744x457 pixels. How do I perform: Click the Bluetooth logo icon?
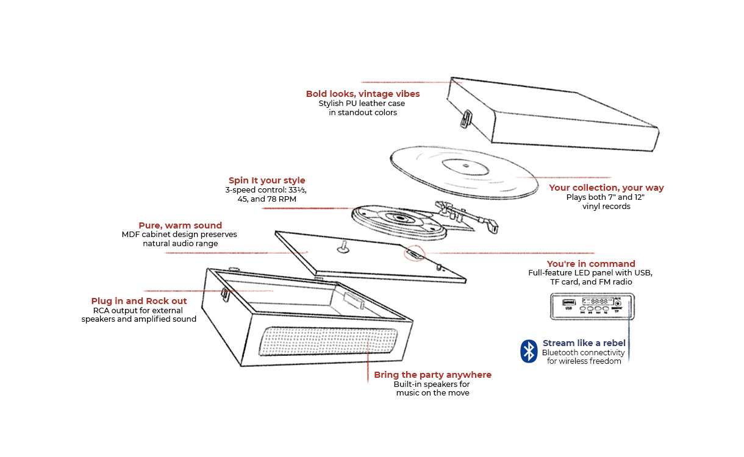tap(528, 351)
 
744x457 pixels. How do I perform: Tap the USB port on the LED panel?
tap(568, 302)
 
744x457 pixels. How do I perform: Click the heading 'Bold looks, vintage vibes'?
tap(363, 94)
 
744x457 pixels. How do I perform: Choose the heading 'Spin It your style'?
tap(266, 180)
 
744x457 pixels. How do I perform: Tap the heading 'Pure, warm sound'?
tap(180, 225)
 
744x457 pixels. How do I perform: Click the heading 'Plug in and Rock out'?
tap(139, 301)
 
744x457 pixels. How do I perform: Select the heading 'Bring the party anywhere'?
tap(432, 375)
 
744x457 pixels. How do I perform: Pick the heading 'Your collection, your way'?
tap(606, 188)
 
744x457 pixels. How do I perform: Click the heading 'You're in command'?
tap(591, 264)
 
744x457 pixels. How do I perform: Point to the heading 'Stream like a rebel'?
tap(584, 343)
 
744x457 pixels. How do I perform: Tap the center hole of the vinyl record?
tap(464, 165)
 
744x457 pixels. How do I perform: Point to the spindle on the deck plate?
tap(343, 246)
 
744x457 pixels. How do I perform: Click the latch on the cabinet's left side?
tap(224, 294)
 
